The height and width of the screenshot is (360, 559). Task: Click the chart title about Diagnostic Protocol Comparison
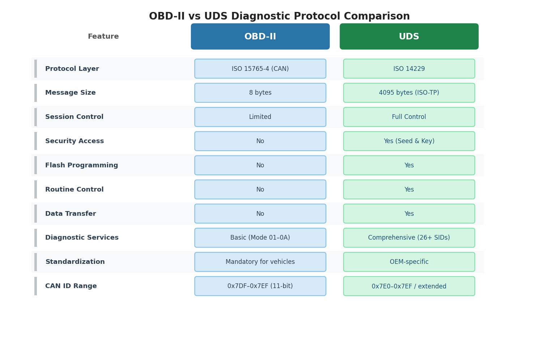[279, 17]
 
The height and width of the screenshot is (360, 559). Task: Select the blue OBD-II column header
[260, 37]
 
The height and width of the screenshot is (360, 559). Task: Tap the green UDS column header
[409, 37]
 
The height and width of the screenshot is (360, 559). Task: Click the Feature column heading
[103, 37]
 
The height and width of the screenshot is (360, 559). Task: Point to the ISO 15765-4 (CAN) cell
[260, 69]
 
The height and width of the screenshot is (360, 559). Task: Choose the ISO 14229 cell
[409, 69]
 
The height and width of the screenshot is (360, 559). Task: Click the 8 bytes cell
[260, 93]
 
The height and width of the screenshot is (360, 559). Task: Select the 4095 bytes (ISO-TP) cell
[409, 93]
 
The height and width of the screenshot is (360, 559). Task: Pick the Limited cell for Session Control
[260, 117]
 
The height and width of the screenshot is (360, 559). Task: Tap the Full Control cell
[409, 117]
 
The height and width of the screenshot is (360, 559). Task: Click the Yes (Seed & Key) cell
[409, 141]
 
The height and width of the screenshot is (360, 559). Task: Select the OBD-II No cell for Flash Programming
[260, 166]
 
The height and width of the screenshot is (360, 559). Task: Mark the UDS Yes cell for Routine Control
[409, 190]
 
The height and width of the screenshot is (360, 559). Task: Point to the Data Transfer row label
[71, 214]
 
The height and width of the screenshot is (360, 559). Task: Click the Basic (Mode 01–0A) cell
[260, 238]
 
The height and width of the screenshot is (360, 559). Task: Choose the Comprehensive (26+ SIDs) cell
[409, 238]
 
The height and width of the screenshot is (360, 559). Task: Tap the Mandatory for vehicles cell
[260, 262]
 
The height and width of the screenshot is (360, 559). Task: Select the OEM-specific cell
[409, 262]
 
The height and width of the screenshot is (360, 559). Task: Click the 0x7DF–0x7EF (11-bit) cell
[260, 286]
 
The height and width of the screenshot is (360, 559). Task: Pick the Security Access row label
[74, 141]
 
